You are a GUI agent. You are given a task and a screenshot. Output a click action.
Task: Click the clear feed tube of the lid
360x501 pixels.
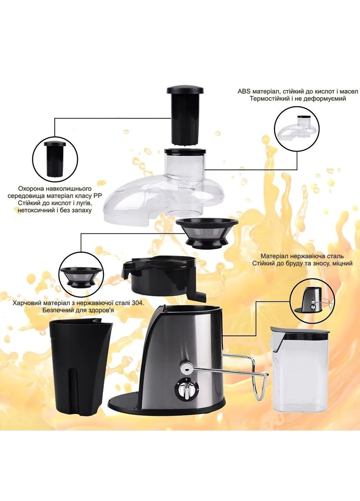(x=185, y=164)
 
